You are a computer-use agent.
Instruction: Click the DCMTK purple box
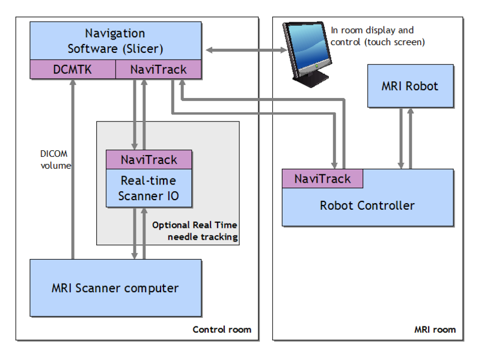tap(72, 70)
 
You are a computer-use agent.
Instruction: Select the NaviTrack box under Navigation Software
tap(158, 70)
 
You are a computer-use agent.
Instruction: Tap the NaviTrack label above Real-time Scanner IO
tap(149, 160)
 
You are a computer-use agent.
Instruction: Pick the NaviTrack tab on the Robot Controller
tap(322, 178)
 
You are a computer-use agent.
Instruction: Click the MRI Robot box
tap(410, 86)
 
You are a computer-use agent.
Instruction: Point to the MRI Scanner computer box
tap(115, 288)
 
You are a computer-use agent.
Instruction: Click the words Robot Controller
tap(367, 206)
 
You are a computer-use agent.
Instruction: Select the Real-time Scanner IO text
tap(149, 188)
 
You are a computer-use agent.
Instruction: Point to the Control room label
tap(221, 329)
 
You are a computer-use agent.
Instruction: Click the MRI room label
tap(435, 329)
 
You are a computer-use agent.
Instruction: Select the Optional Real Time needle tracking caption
tap(194, 231)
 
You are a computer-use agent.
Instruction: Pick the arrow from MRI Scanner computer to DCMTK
tap(72, 168)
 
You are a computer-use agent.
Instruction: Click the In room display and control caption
tap(378, 36)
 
